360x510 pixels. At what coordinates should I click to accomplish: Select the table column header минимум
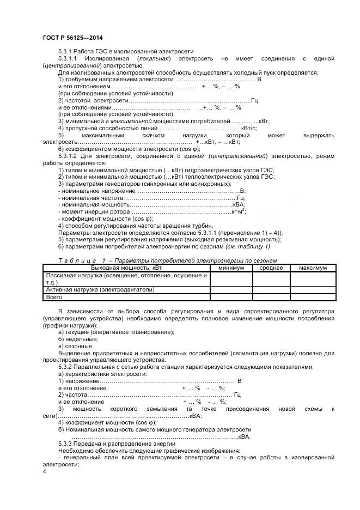(x=231, y=268)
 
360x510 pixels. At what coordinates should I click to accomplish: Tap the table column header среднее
(x=271, y=268)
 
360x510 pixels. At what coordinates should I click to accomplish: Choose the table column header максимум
(x=312, y=268)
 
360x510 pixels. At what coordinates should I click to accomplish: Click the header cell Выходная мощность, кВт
(x=126, y=268)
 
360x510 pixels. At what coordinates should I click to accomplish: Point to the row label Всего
(x=54, y=297)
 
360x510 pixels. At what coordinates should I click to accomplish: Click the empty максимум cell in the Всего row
(x=312, y=297)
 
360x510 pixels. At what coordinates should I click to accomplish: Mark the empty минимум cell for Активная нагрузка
(x=231, y=290)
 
